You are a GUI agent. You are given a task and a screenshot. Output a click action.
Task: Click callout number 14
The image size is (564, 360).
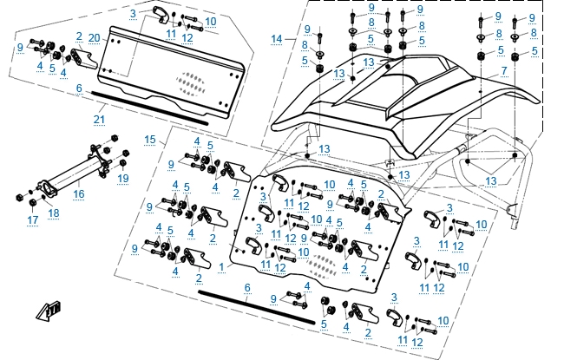pos(277,39)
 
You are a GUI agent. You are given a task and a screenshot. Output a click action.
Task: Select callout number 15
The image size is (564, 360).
pos(149,139)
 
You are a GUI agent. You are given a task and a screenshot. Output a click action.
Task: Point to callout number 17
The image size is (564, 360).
pos(32,220)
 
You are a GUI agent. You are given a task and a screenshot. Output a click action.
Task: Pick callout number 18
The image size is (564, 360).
pos(54,213)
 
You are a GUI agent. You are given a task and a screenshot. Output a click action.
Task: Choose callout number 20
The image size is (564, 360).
pos(93,36)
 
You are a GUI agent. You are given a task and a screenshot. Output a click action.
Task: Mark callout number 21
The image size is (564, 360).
pos(99,119)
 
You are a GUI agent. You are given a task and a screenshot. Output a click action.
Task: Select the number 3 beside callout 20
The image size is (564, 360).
pos(133,15)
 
